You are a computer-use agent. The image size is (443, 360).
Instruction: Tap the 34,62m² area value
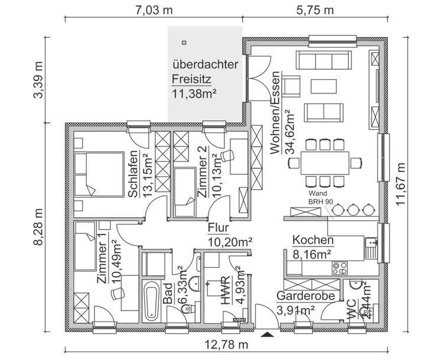click(289, 132)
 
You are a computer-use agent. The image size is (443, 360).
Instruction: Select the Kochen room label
click(313, 241)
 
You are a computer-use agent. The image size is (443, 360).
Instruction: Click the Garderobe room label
click(306, 296)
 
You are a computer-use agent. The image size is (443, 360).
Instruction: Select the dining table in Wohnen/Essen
click(325, 161)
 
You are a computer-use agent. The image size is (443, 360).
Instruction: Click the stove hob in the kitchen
click(340, 268)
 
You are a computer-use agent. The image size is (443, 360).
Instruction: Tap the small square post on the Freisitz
click(184, 43)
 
